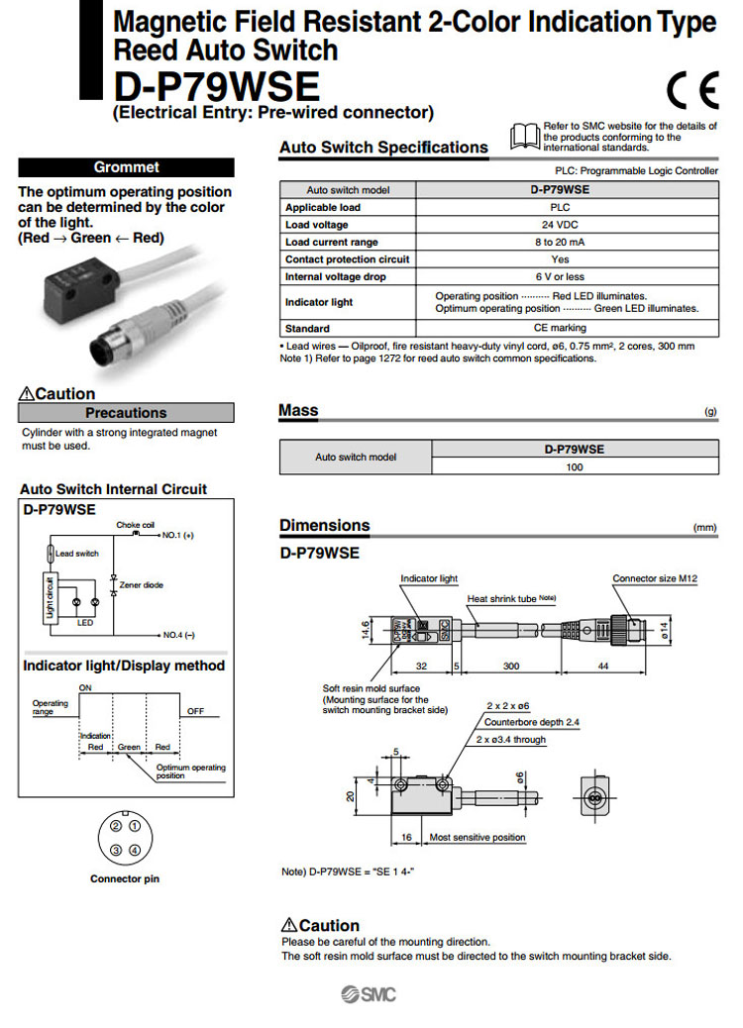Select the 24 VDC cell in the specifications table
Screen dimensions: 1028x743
pos(567,225)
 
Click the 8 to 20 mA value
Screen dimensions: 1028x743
pos(567,242)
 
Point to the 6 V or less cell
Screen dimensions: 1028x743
pos(567,276)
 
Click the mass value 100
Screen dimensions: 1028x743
pos(575,466)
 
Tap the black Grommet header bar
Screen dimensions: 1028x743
pos(126,167)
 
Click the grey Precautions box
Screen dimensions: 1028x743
pos(126,413)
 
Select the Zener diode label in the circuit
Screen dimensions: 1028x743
pos(142,585)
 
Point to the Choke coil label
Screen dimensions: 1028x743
pos(136,524)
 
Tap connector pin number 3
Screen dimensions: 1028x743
pos(116,850)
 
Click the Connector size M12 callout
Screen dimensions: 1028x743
pos(656,578)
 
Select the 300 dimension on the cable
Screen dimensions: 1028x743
pos(511,667)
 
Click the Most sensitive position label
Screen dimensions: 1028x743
pos(478,837)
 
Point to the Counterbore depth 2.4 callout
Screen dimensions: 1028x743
pos(531,723)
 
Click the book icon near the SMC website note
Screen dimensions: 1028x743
pos(525,136)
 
